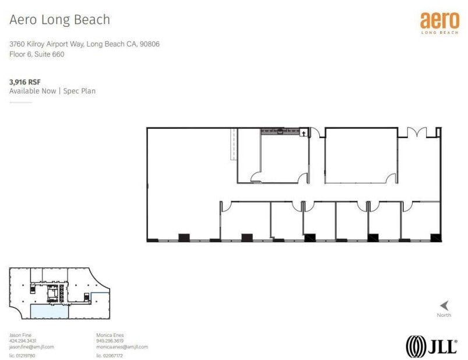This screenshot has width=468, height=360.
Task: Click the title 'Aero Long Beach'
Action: click(59, 19)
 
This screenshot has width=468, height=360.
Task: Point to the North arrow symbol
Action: click(444, 305)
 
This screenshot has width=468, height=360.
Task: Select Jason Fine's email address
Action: click(31, 347)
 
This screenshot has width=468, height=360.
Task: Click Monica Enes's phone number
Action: click(110, 341)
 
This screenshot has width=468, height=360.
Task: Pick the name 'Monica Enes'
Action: click(110, 335)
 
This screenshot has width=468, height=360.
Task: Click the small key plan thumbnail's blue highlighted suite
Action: click(49, 310)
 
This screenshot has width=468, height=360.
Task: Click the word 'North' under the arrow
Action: click(444, 315)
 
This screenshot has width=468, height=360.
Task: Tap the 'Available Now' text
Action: click(33, 91)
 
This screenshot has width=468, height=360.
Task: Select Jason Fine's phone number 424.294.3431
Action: click(23, 341)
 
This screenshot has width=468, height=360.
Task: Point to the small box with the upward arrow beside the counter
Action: click(304, 133)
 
